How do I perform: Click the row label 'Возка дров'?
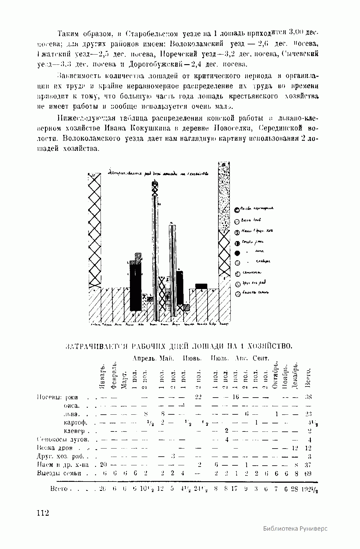pyautogui.click(x=55, y=448)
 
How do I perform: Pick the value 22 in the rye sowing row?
pyautogui.click(x=198, y=397)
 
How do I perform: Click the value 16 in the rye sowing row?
pyautogui.click(x=236, y=397)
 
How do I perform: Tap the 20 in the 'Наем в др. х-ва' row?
pyautogui.click(x=103, y=465)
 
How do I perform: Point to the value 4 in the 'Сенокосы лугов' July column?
pyautogui.click(x=227, y=440)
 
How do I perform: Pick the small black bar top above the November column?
pyautogui.click(x=201, y=286)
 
